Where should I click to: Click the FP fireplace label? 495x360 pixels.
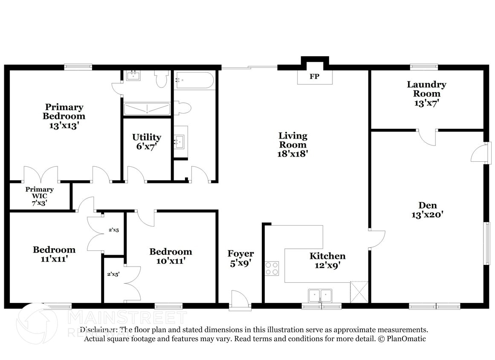point(315,77)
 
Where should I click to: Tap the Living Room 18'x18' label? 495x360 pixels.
point(293,145)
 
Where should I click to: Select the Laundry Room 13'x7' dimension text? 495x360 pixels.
point(426,103)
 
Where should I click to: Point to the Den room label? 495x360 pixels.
point(427,206)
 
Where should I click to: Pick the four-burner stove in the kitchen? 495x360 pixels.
point(272,268)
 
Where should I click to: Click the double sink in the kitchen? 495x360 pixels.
point(320,295)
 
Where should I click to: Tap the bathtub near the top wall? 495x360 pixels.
point(194,80)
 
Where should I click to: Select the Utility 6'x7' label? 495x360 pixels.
point(147,142)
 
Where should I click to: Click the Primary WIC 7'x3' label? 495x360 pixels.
point(39,196)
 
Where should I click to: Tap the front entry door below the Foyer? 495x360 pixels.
point(240,299)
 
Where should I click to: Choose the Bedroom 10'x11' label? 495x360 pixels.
point(171,256)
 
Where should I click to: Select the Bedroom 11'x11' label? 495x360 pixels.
point(54,254)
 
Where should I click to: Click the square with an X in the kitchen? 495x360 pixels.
point(359,292)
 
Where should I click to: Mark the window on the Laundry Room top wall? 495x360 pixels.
point(424,67)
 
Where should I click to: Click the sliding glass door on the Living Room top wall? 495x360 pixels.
point(249,67)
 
